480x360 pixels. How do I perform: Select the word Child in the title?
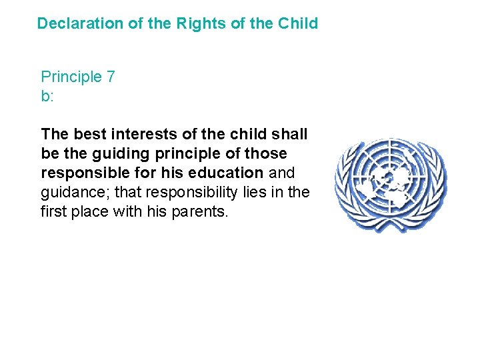pos(299,23)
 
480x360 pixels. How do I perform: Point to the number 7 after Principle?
pos(110,77)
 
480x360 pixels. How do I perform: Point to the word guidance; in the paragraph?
pos(73,192)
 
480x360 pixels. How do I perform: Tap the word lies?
pos(257,192)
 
